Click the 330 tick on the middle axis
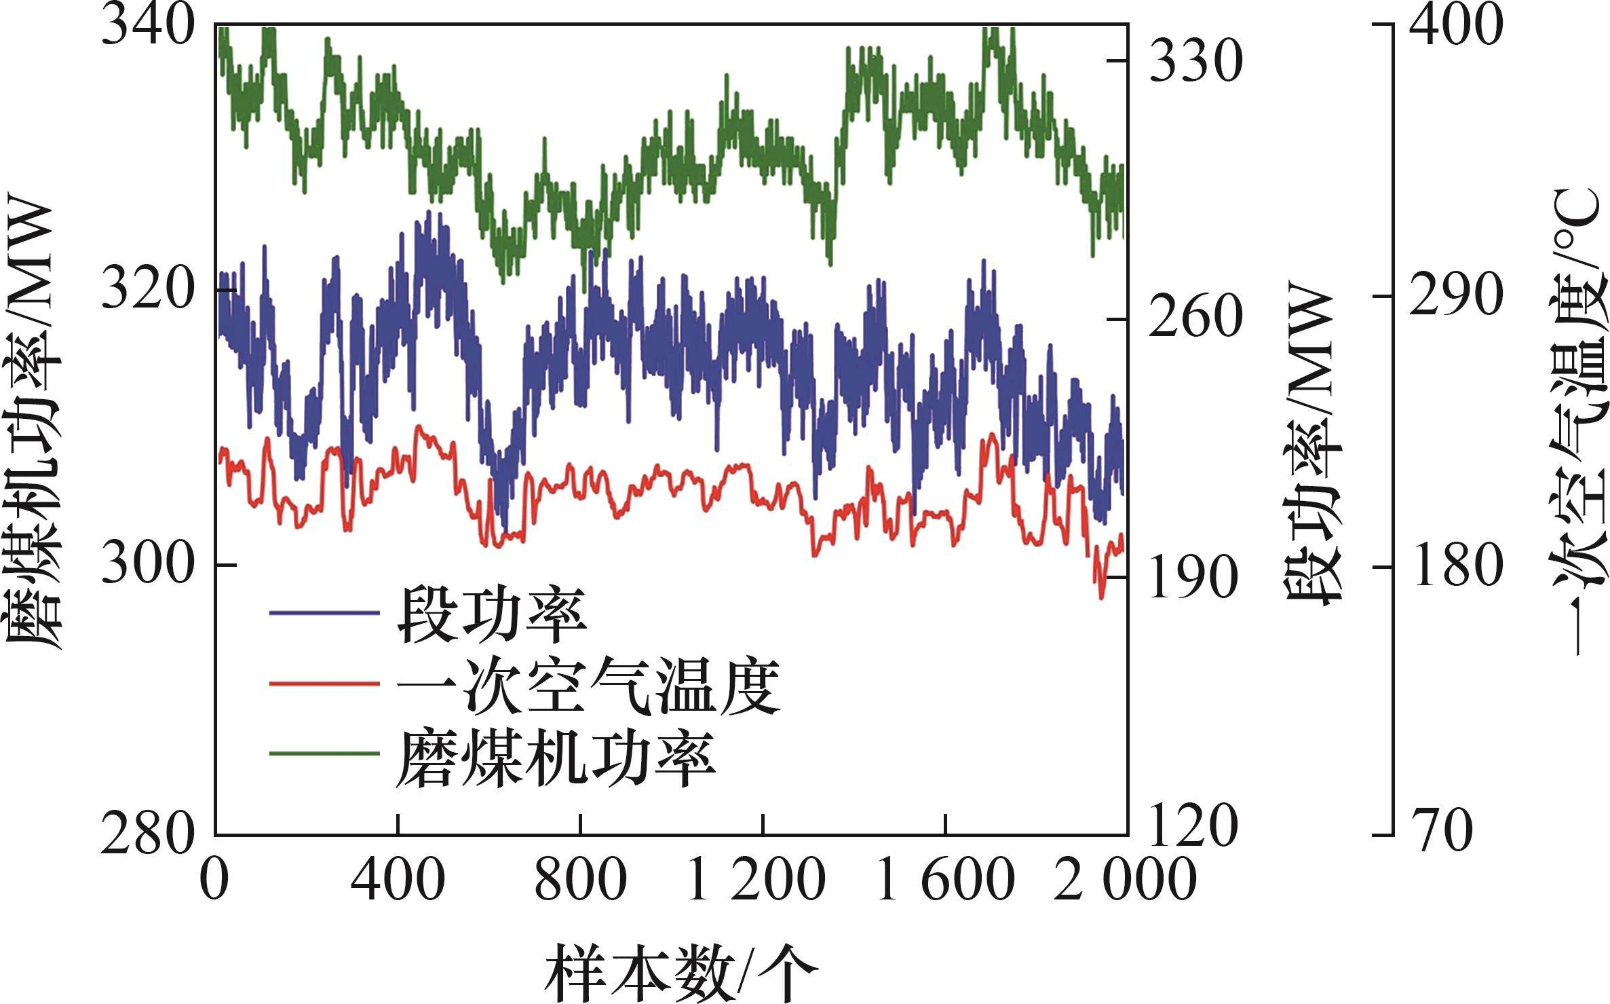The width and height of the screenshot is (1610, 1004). [1194, 61]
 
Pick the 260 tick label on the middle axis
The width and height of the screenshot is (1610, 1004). [1194, 319]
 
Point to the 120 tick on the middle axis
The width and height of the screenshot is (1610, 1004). [1194, 830]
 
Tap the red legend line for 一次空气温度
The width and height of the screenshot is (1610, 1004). [324, 683]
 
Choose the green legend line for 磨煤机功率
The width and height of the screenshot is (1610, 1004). [324, 752]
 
